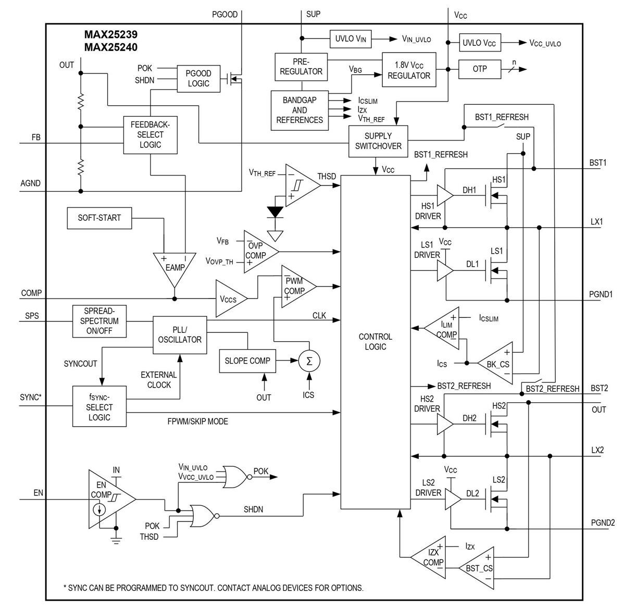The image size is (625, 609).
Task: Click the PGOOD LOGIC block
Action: pyautogui.click(x=198, y=79)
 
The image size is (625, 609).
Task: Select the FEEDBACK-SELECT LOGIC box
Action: pyautogui.click(x=150, y=135)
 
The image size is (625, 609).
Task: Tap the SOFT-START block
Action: pyautogui.click(x=99, y=218)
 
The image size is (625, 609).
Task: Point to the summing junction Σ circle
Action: pyautogui.click(x=309, y=361)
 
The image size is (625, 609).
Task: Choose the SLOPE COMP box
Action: pyautogui.click(x=247, y=361)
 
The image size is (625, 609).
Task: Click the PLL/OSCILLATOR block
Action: pyautogui.click(x=179, y=334)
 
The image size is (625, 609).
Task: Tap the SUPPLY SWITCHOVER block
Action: pyautogui.click(x=378, y=141)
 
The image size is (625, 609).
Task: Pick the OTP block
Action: pyautogui.click(x=479, y=69)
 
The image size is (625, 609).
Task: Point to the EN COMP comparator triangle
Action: pyautogui.click(x=108, y=499)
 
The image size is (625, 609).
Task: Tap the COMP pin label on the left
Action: pyautogui.click(x=31, y=293)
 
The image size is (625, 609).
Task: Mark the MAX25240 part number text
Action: pyautogui.click(x=110, y=48)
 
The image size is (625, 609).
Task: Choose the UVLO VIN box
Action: pyautogui.click(x=351, y=39)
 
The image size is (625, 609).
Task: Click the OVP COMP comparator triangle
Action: pyautogui.click(x=258, y=251)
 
